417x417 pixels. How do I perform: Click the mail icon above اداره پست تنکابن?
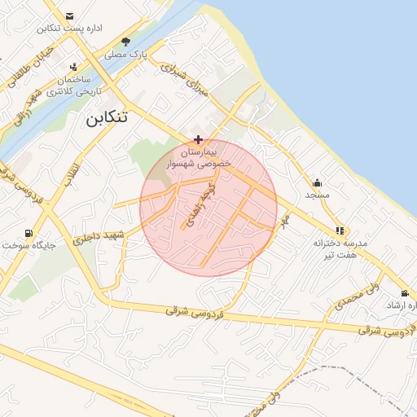69,16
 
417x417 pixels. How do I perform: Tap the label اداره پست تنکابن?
69,29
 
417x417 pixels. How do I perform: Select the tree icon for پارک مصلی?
125,42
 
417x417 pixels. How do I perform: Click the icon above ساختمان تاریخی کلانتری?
75,68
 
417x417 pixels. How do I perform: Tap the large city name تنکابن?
107,117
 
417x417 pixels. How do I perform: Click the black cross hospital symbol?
199,140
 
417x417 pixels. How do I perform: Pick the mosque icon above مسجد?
317,182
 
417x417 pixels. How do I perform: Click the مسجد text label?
317,195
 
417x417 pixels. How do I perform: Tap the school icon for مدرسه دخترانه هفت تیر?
340,230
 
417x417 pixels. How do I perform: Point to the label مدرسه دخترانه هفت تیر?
341,249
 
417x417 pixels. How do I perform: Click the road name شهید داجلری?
97,237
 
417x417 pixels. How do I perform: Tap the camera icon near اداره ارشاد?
405,293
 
